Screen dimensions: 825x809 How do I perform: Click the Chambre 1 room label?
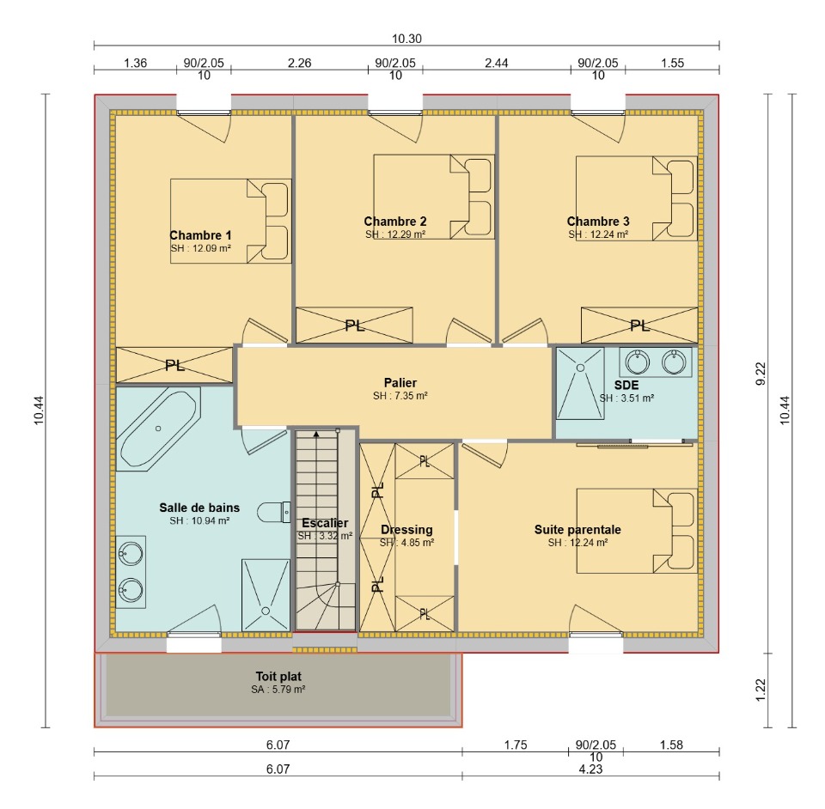[x=200, y=235]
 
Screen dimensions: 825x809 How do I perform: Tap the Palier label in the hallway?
[x=400, y=382]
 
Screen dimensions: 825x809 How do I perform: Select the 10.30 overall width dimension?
[x=406, y=39]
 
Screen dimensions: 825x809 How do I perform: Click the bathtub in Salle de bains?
[x=158, y=429]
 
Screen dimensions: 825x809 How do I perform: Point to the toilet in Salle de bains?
[x=273, y=512]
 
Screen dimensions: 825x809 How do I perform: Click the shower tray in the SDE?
[x=580, y=383]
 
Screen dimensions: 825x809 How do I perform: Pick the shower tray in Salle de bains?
[x=266, y=595]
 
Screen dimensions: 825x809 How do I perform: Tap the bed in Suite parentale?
[x=637, y=531]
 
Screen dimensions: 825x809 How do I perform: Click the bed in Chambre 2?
[x=433, y=197]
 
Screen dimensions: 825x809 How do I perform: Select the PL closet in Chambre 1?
[x=174, y=365]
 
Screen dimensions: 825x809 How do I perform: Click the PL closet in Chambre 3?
[x=639, y=325]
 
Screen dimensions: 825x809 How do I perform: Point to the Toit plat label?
[x=278, y=676]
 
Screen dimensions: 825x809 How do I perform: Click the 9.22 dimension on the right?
[x=761, y=374]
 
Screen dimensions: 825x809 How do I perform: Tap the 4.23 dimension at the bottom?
[x=590, y=769]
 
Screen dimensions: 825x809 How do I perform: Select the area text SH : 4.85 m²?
[x=406, y=543]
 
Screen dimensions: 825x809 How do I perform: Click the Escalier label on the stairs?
[x=325, y=523]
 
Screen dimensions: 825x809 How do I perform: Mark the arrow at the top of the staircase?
[x=316, y=435]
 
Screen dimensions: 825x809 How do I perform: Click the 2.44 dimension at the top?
[x=496, y=63]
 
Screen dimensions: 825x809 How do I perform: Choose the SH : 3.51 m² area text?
[x=626, y=398]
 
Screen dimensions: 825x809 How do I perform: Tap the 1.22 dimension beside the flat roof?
[x=761, y=690]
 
